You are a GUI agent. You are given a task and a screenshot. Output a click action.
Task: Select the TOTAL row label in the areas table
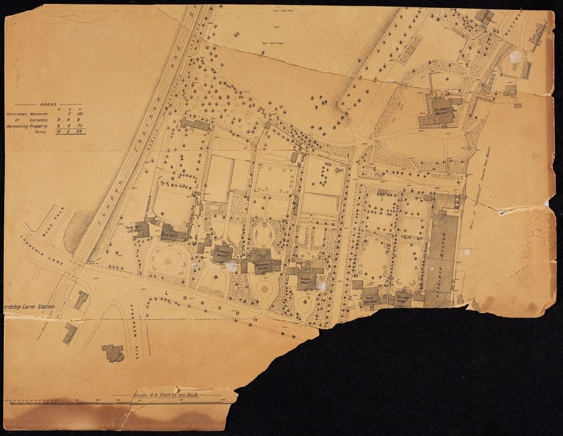coord(41,132)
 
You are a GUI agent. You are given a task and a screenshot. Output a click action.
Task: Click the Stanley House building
coord(223,251)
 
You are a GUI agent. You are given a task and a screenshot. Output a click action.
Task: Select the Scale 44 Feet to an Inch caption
coord(159,395)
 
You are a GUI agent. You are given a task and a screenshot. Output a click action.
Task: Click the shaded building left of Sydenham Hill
coord(113,352)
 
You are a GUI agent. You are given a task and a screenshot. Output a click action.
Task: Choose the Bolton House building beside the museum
coord(404,297)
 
